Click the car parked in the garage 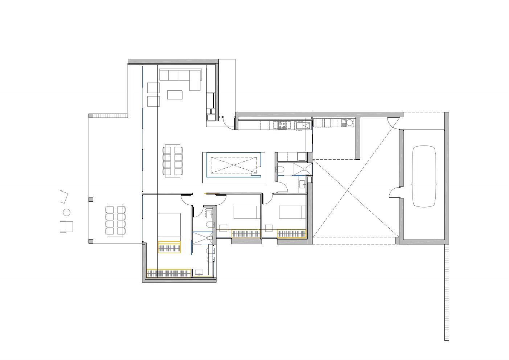pyautogui.click(x=423, y=176)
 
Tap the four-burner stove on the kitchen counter pyautogui.click(x=282, y=126)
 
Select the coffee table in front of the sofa pyautogui.click(x=175, y=95)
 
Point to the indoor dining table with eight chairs pyautogui.click(x=172, y=161)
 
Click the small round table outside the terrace pyautogui.click(x=66, y=212)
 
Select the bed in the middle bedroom pyautogui.click(x=247, y=212)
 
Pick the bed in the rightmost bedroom pyautogui.click(x=292, y=212)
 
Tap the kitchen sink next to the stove pyautogui.click(x=303, y=126)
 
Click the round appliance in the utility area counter pyautogui.click(x=349, y=123)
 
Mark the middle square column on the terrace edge pyautogui.click(x=91, y=199)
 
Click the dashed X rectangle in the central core pyautogui.click(x=234, y=165)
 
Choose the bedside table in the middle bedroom pyautogui.click(x=223, y=228)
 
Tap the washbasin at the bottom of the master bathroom pyautogui.click(x=199, y=272)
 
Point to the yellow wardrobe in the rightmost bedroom pyautogui.click(x=292, y=234)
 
